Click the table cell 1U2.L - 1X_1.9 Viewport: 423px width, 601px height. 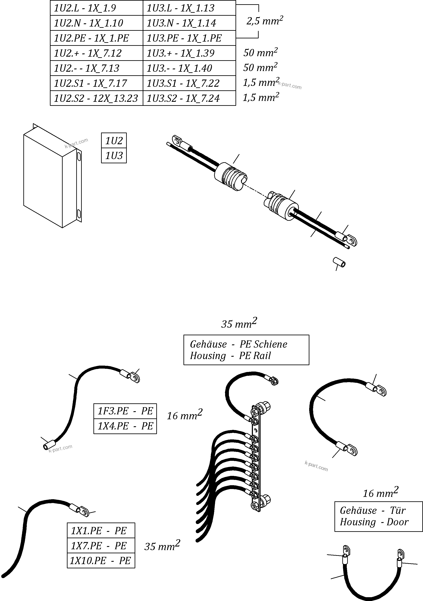(96, 8)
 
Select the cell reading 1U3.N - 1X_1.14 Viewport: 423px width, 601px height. (189, 23)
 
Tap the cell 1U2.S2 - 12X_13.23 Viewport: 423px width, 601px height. (96, 98)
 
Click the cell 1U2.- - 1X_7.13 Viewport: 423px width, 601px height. (96, 68)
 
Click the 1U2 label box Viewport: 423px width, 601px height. (114, 141)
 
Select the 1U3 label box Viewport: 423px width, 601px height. (114, 155)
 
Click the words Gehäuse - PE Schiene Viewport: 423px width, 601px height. (238, 344)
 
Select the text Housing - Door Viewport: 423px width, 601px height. (374, 522)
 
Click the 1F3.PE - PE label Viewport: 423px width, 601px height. (125, 411)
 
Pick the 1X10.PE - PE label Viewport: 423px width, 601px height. (101, 561)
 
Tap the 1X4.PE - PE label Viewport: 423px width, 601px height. (125, 426)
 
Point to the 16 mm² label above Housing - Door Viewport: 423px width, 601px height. (380, 493)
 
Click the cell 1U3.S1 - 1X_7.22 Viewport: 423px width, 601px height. (189, 83)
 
